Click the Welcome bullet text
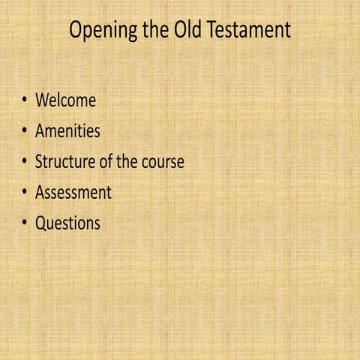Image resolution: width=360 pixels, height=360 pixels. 65,100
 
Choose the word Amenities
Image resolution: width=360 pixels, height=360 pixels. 67,131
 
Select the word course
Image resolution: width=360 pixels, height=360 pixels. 165,162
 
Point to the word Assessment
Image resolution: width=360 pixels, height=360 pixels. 73,193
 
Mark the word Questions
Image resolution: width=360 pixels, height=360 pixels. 67,223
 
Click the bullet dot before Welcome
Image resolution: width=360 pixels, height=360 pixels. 25,100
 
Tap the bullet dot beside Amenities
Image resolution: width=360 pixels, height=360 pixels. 25,131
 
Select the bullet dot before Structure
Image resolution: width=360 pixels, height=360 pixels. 25,162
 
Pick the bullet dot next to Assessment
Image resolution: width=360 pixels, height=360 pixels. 25,193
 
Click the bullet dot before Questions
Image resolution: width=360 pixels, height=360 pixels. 25,223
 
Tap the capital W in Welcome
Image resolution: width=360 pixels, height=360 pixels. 43,100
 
